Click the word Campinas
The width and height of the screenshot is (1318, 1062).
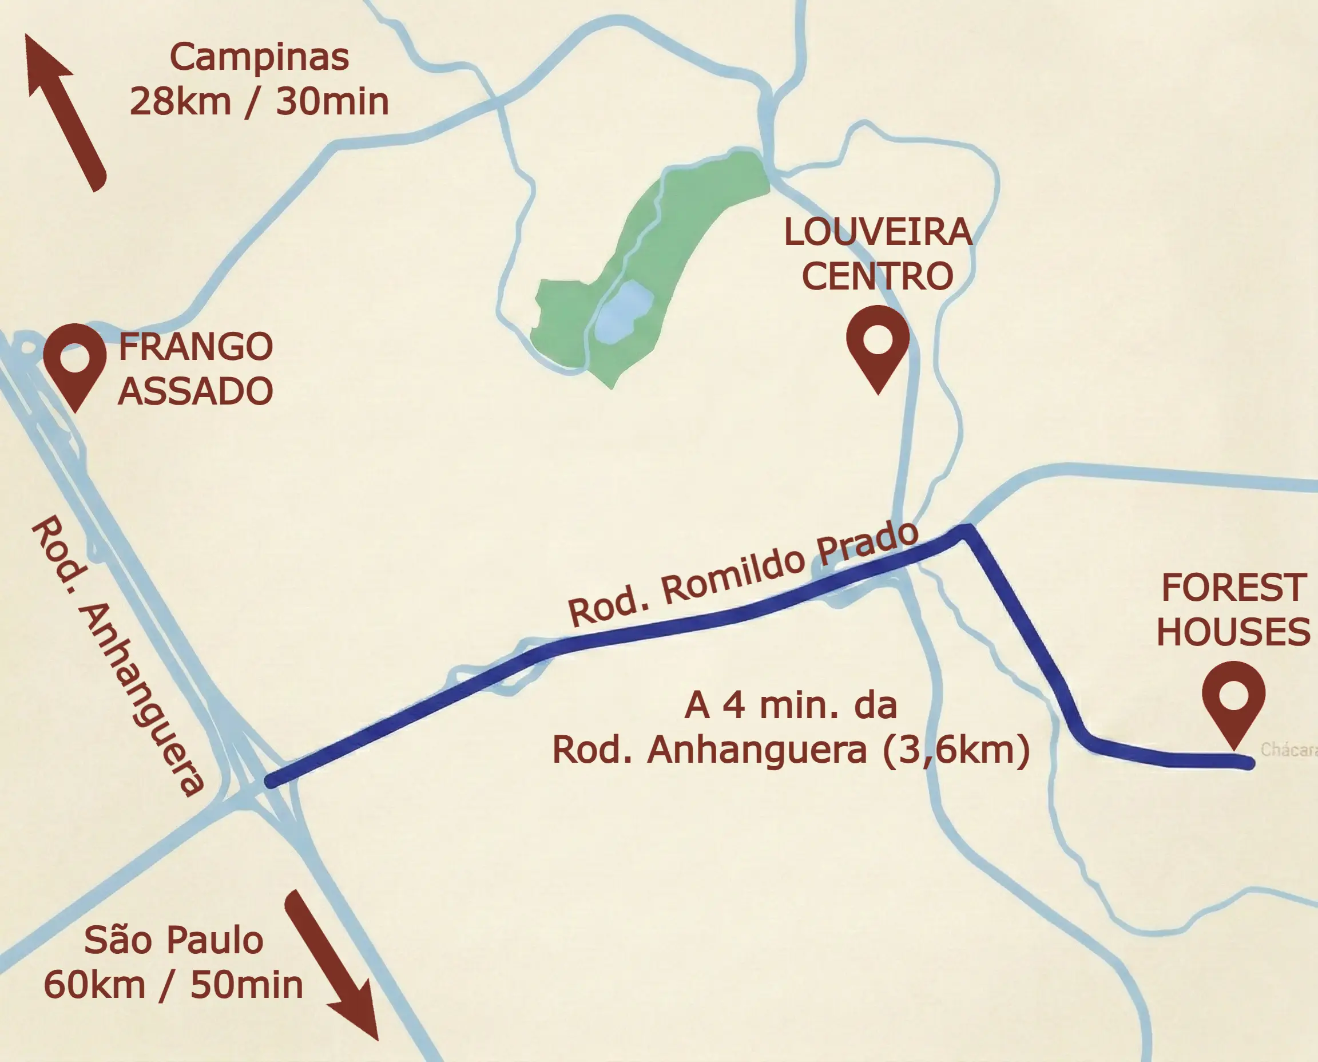click(259, 58)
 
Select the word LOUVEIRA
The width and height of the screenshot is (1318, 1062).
click(878, 232)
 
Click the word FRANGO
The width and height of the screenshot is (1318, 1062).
click(196, 347)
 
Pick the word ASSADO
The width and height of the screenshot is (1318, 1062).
click(196, 391)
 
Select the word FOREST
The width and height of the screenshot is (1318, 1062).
click(1233, 588)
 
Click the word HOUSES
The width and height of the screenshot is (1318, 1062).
click(1233, 632)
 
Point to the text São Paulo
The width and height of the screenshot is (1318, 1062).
click(174, 940)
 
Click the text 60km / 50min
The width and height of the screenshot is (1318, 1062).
click(174, 985)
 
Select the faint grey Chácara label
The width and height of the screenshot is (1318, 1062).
click(1288, 750)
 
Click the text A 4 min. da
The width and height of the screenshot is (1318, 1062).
click(790, 706)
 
